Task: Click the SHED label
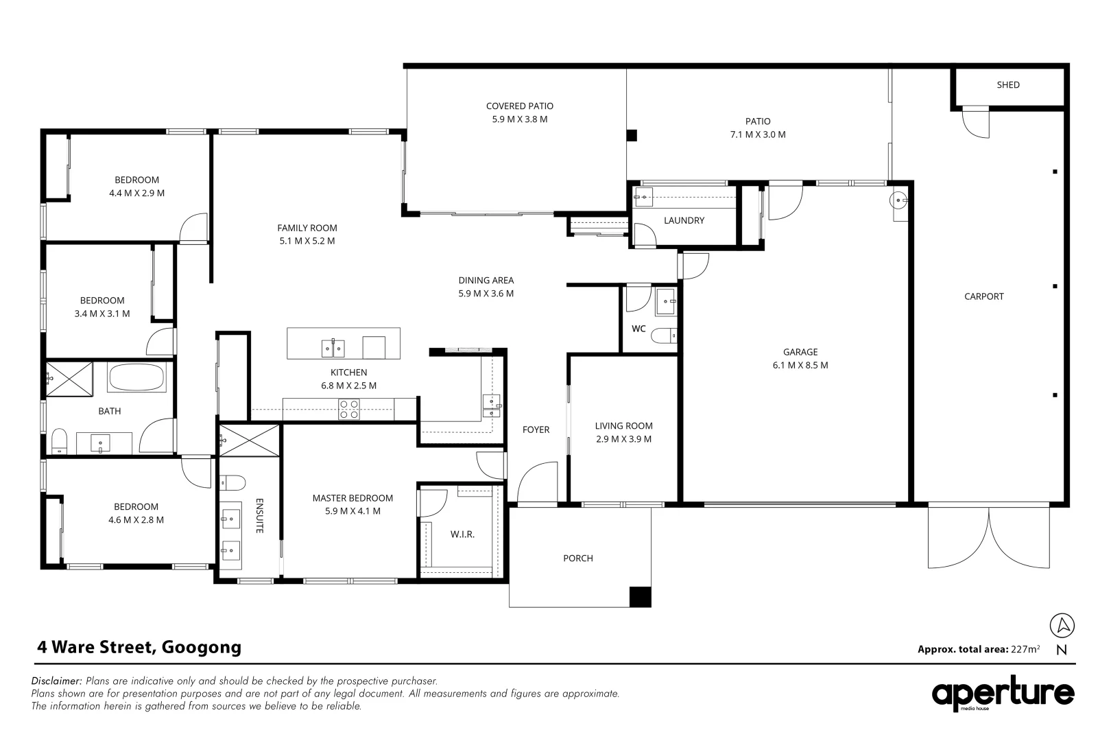[1008, 85]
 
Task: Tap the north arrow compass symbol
[1062, 625]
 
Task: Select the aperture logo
[1003, 694]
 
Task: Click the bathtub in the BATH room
[136, 377]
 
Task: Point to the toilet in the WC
[663, 336]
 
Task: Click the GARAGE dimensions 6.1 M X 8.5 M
[800, 365]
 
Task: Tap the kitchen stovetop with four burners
[348, 409]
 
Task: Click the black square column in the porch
[640, 597]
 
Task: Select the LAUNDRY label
[684, 220]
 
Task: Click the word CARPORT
[983, 297]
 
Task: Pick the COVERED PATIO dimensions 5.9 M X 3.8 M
[519, 119]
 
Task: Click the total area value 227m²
[1025, 648]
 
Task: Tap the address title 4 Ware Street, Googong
[139, 647]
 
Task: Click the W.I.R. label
[462, 534]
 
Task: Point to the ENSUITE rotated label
[259, 516]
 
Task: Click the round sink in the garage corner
[898, 200]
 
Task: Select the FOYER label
[536, 430]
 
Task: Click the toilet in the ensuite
[232, 482]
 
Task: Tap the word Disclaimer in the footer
[56, 681]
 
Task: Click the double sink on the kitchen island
[333, 349]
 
